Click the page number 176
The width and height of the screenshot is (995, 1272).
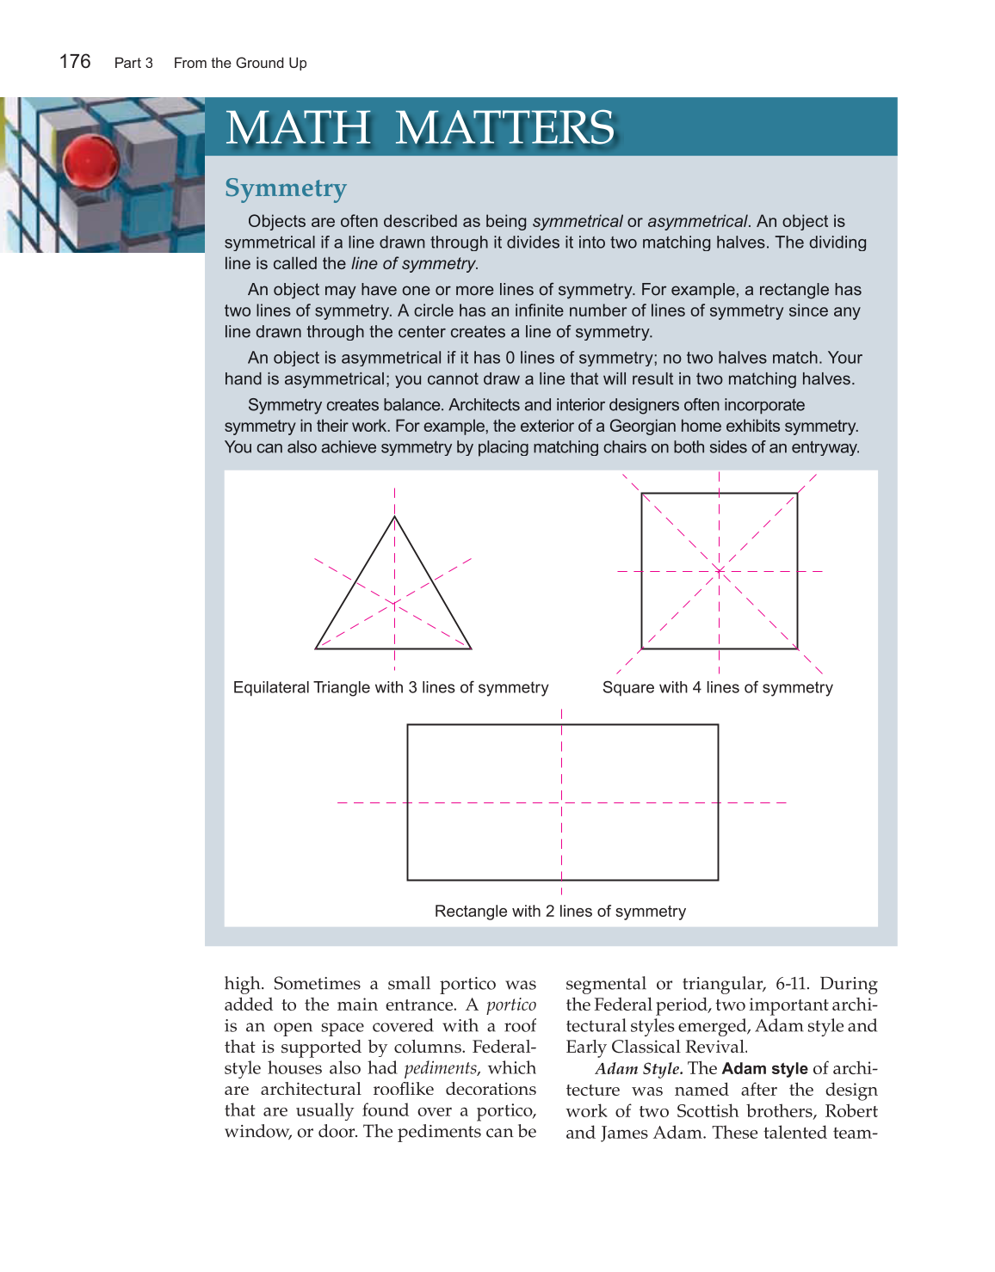(x=75, y=62)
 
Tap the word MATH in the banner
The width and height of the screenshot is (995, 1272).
(x=298, y=128)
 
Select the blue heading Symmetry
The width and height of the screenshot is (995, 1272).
(x=285, y=188)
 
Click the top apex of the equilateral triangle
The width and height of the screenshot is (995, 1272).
(x=394, y=516)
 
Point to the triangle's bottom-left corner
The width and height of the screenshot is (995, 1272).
(x=316, y=648)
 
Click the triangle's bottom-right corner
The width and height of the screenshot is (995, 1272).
(x=472, y=648)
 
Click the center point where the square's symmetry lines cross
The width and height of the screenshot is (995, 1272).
(x=720, y=571)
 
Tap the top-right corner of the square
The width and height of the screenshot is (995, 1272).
(x=797, y=494)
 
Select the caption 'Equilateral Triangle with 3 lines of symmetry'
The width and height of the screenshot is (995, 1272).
(x=391, y=687)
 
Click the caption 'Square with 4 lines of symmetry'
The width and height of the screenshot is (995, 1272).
(x=717, y=687)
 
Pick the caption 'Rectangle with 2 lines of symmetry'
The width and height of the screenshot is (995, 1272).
(x=559, y=911)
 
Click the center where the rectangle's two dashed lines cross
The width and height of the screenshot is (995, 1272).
(x=562, y=802)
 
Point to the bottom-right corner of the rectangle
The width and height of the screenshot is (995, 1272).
(x=718, y=880)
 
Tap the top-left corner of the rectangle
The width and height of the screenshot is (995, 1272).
(x=407, y=725)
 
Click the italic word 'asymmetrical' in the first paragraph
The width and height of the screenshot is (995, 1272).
(x=697, y=221)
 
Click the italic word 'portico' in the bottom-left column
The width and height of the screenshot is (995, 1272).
(x=511, y=1005)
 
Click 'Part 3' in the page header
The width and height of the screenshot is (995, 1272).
(x=133, y=63)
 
